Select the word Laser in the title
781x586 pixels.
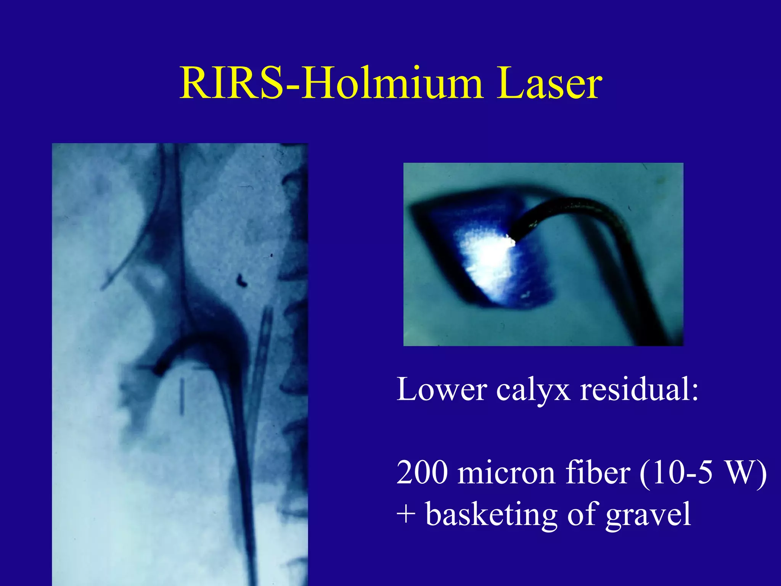coord(549,83)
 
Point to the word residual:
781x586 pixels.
coord(639,390)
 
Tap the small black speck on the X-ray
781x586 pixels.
coord(241,281)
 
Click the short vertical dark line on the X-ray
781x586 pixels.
coord(182,396)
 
